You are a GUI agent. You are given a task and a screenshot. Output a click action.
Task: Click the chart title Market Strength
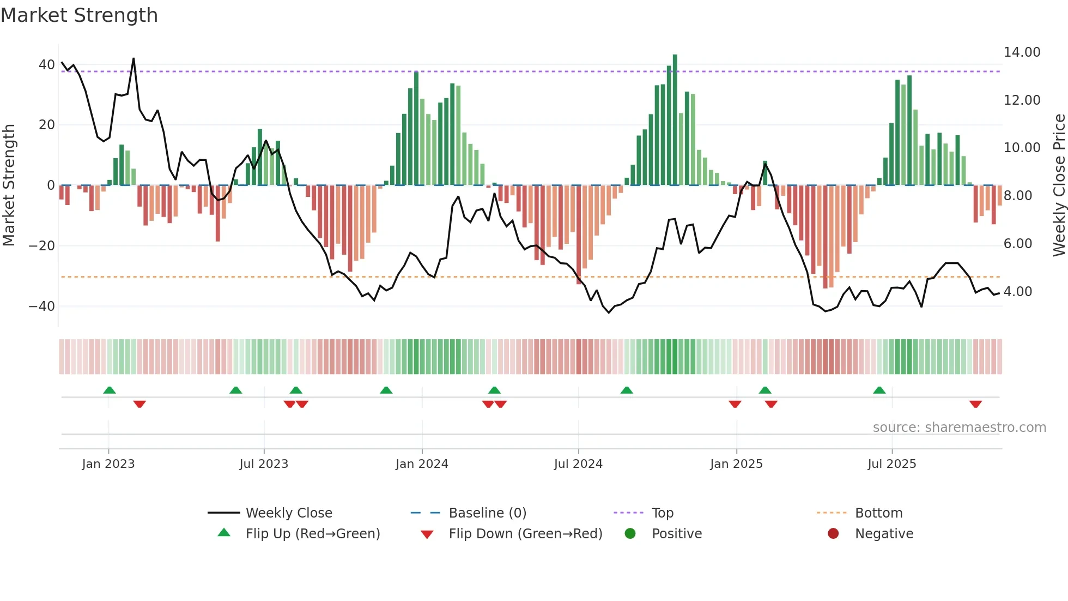(x=79, y=15)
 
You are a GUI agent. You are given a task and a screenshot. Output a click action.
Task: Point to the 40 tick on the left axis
(x=46, y=65)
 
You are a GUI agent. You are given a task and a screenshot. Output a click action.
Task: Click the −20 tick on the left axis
(x=42, y=246)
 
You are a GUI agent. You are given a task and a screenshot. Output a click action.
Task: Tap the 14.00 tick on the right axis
(x=1022, y=52)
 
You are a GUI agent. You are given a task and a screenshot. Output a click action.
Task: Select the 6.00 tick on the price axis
(x=1017, y=244)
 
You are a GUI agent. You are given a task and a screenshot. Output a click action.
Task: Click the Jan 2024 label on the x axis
(x=421, y=464)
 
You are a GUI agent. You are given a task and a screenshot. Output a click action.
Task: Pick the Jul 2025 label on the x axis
(x=891, y=464)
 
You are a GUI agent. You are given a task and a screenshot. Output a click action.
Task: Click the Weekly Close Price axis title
(x=1059, y=185)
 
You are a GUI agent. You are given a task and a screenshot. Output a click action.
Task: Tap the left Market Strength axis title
(x=9, y=185)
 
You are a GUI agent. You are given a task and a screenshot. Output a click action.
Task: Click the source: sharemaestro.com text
(x=959, y=428)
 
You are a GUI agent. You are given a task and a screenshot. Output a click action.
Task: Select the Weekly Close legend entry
(x=288, y=513)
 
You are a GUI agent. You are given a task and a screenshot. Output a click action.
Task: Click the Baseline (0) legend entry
(x=487, y=513)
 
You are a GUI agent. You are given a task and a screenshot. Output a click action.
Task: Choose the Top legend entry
(x=662, y=513)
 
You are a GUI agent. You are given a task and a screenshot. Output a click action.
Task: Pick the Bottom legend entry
(x=878, y=513)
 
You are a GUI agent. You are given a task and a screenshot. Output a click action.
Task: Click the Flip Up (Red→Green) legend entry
(x=312, y=534)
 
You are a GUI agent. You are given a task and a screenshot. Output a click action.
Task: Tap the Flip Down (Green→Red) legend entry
(x=525, y=534)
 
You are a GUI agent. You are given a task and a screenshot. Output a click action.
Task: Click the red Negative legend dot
(x=833, y=534)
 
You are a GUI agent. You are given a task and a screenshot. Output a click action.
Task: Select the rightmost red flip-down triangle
(x=975, y=404)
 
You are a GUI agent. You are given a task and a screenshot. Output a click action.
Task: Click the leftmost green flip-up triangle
(x=110, y=390)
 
